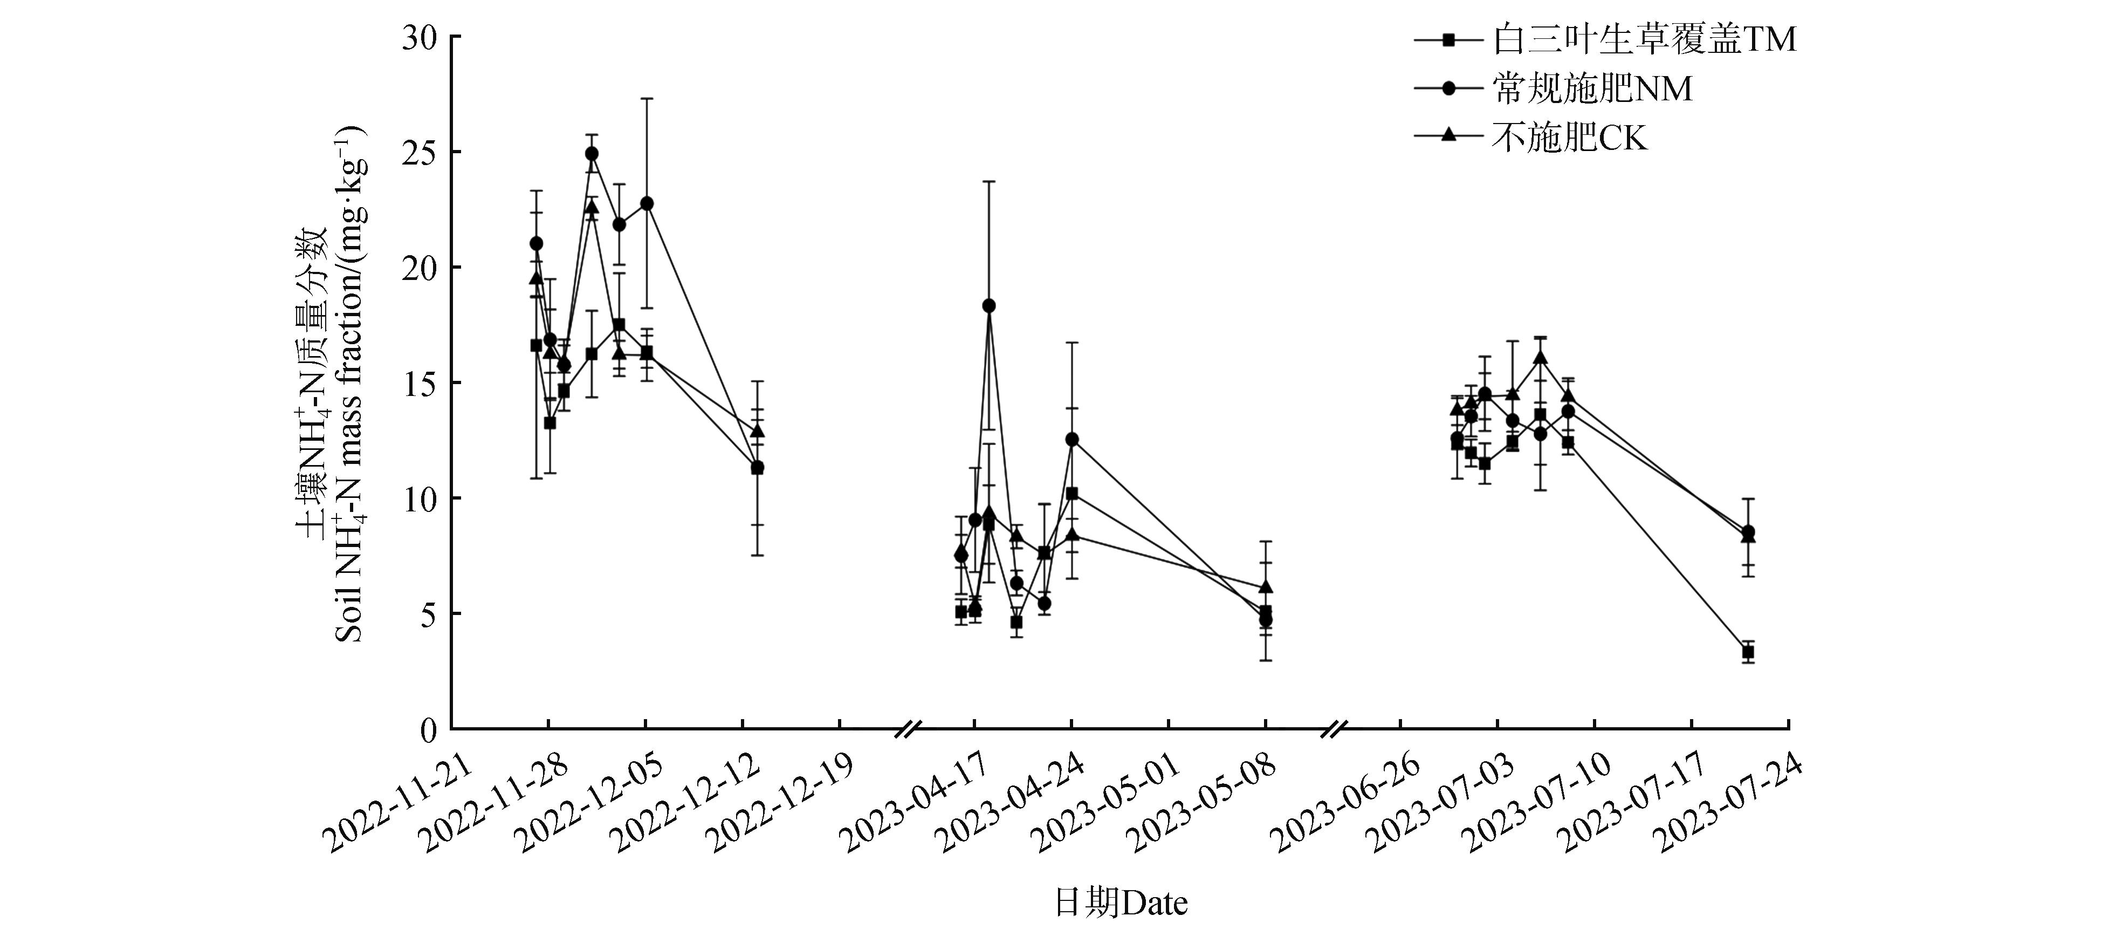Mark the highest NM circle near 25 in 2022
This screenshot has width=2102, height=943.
click(592, 154)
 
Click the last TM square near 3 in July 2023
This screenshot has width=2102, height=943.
click(1748, 652)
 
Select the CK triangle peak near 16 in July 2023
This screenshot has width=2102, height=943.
click(1540, 357)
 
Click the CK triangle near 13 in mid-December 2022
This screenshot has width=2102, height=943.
click(757, 430)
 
